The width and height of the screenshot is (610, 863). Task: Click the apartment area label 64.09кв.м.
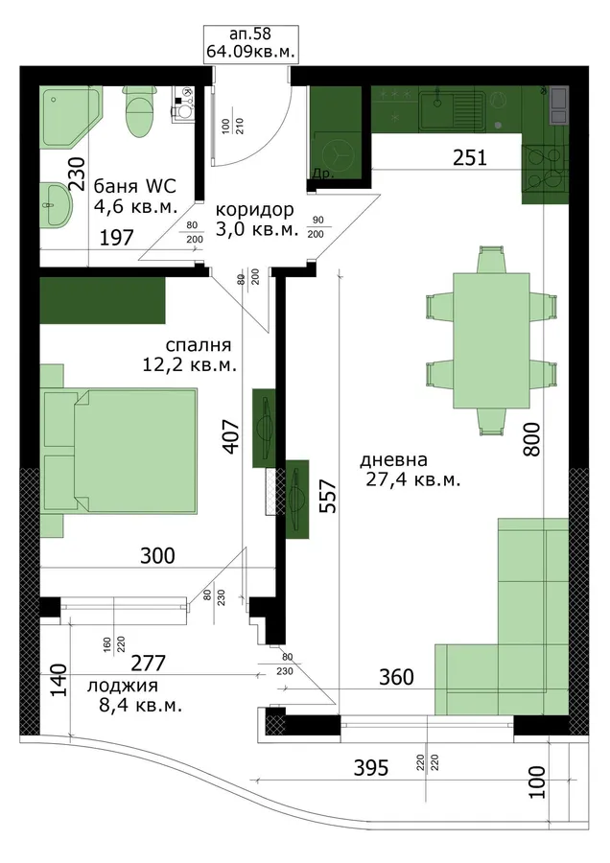tap(250, 52)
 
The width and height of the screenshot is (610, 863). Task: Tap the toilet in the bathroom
tap(138, 110)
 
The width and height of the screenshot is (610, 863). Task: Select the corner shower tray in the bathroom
tap(72, 117)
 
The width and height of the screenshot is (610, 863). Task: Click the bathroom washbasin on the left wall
tap(57, 206)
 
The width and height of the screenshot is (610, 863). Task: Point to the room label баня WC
tap(135, 186)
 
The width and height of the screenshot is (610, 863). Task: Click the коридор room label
tap(255, 210)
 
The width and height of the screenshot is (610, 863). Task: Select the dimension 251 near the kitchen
tap(470, 158)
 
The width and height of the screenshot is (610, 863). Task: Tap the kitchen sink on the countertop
tap(452, 110)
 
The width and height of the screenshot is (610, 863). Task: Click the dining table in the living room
tap(491, 340)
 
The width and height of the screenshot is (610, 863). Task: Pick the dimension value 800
tap(531, 439)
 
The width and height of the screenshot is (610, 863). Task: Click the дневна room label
tap(393, 459)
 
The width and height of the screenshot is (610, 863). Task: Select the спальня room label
tap(199, 345)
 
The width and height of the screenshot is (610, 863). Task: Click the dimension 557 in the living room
tap(328, 496)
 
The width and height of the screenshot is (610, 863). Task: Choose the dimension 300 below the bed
tap(157, 556)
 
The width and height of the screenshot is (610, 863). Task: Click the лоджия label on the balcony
tap(122, 687)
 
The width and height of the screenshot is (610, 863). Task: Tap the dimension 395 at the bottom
tap(371, 768)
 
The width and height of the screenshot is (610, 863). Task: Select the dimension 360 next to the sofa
tap(396, 677)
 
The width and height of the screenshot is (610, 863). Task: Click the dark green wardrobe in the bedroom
tap(103, 300)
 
